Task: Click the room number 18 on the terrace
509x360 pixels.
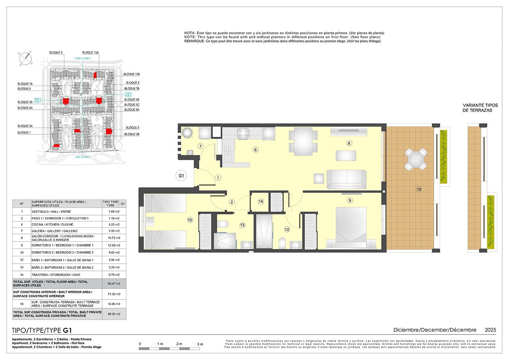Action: click(419, 189)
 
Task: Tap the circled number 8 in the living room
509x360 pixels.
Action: click(349, 143)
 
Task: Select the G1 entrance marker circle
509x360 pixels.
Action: click(181, 175)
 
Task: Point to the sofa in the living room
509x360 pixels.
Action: click(346, 179)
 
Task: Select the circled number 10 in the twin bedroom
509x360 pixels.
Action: click(190, 219)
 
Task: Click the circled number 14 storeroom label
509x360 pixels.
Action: click(261, 202)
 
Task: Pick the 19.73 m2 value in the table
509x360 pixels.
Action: click(115, 238)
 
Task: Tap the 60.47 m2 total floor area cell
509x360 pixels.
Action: click(115, 284)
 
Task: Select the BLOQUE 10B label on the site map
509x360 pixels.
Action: click(132, 74)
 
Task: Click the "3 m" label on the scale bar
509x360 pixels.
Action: click(200, 344)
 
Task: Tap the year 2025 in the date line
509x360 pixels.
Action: click(490, 330)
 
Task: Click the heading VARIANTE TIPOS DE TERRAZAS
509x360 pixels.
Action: click(477, 107)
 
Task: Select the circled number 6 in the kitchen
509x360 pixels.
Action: click(256, 150)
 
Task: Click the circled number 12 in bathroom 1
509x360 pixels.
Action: click(287, 229)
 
